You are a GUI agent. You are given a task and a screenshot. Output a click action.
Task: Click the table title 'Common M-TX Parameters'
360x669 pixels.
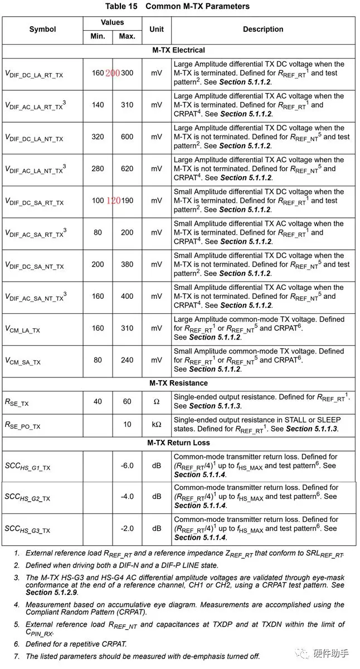(x=197, y=6)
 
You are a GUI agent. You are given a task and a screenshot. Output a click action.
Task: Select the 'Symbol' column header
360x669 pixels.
(x=43, y=30)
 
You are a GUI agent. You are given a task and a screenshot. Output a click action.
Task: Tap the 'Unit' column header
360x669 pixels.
(x=157, y=30)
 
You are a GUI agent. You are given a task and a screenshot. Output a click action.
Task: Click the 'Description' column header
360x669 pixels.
(x=263, y=30)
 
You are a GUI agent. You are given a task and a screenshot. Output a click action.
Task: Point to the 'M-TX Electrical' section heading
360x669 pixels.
(x=179, y=50)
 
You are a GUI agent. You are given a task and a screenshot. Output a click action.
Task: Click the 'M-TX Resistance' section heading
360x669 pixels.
(x=179, y=383)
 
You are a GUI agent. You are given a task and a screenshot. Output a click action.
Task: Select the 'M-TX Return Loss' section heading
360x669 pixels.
(x=179, y=443)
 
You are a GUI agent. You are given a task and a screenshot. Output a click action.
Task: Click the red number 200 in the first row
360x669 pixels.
(x=113, y=73)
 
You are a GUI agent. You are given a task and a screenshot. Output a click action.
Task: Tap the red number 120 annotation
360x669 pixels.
(x=113, y=201)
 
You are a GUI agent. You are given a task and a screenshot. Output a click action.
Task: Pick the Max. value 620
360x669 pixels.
(x=127, y=168)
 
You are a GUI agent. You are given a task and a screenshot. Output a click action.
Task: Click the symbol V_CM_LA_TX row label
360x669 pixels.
(x=23, y=329)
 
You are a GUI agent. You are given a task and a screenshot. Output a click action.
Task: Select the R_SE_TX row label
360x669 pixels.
(x=17, y=402)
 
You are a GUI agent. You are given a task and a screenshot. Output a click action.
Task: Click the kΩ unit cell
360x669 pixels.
(x=157, y=424)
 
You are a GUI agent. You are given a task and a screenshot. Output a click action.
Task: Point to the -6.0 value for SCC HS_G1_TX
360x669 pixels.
(x=127, y=466)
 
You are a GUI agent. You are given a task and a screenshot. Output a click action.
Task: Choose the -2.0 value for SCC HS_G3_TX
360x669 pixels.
(x=127, y=528)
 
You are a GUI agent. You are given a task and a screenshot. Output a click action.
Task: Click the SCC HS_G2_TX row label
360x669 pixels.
(x=27, y=497)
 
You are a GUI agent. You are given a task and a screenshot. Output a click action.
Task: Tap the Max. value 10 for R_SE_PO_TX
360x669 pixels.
(x=127, y=424)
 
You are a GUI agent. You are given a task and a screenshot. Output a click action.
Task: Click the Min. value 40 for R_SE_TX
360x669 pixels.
(x=98, y=401)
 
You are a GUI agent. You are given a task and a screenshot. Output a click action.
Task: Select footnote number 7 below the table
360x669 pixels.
(x=17, y=656)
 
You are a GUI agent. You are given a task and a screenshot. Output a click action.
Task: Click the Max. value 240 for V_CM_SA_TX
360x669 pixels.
(x=127, y=360)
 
